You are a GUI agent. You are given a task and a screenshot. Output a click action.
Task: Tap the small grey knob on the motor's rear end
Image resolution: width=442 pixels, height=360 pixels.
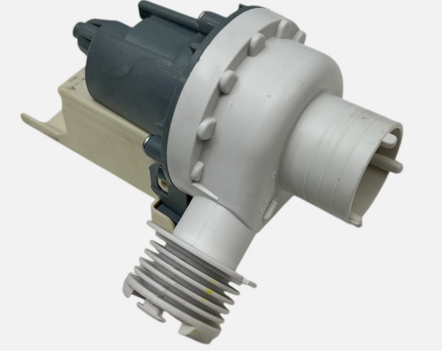(79, 30)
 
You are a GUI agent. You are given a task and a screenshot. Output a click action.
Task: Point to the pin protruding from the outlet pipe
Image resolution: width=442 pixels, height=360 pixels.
(392, 164)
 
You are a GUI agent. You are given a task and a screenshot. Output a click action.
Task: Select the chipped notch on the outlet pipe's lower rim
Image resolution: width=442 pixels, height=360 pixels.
(354, 220)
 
